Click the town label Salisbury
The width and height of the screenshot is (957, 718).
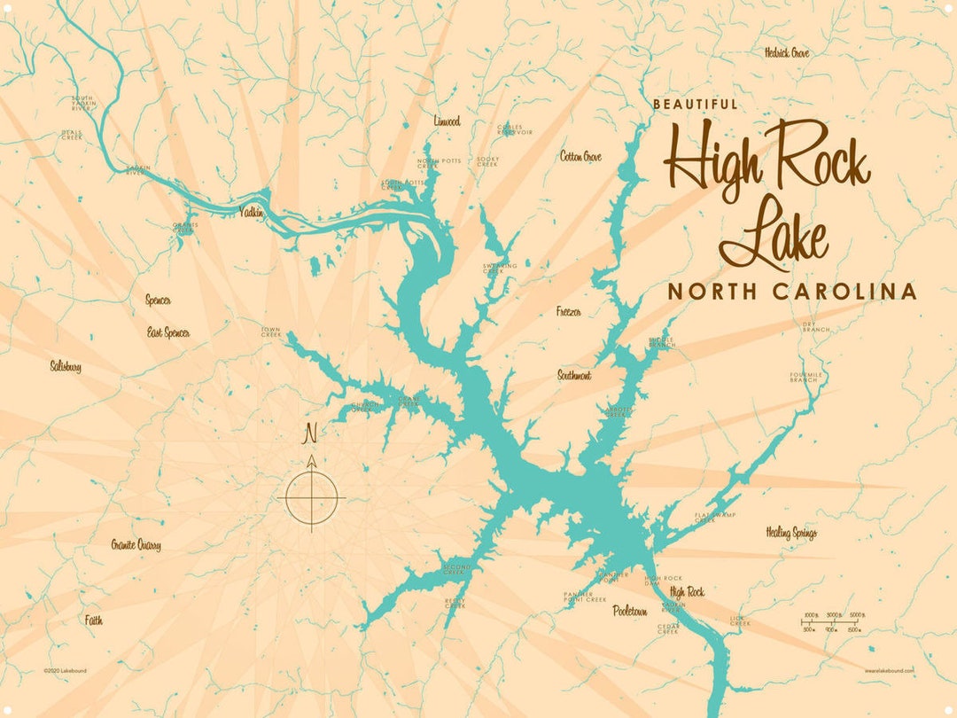[66, 365]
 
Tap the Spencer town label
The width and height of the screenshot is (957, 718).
[158, 300]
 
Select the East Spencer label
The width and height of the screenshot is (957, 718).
[168, 332]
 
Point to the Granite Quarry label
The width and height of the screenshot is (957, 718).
[136, 545]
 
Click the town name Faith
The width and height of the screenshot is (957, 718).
[94, 620]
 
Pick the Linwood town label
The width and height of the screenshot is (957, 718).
[447, 121]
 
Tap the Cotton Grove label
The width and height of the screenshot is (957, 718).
[580, 157]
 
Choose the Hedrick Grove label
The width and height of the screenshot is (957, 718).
[787, 53]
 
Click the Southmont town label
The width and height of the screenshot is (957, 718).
[574, 376]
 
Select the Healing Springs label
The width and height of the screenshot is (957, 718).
[791, 533]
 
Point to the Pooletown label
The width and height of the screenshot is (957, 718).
[629, 611]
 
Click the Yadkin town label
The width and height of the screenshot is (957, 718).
[252, 212]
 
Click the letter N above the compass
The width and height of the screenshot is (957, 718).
[311, 433]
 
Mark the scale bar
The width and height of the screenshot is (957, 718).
[832, 621]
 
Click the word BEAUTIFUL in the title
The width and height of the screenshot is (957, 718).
[696, 104]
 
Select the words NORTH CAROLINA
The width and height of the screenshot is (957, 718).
[791, 292]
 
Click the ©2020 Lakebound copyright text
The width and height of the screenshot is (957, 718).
[66, 671]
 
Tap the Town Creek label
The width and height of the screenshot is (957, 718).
[270, 332]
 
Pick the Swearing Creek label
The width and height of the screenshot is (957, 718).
[500, 268]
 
